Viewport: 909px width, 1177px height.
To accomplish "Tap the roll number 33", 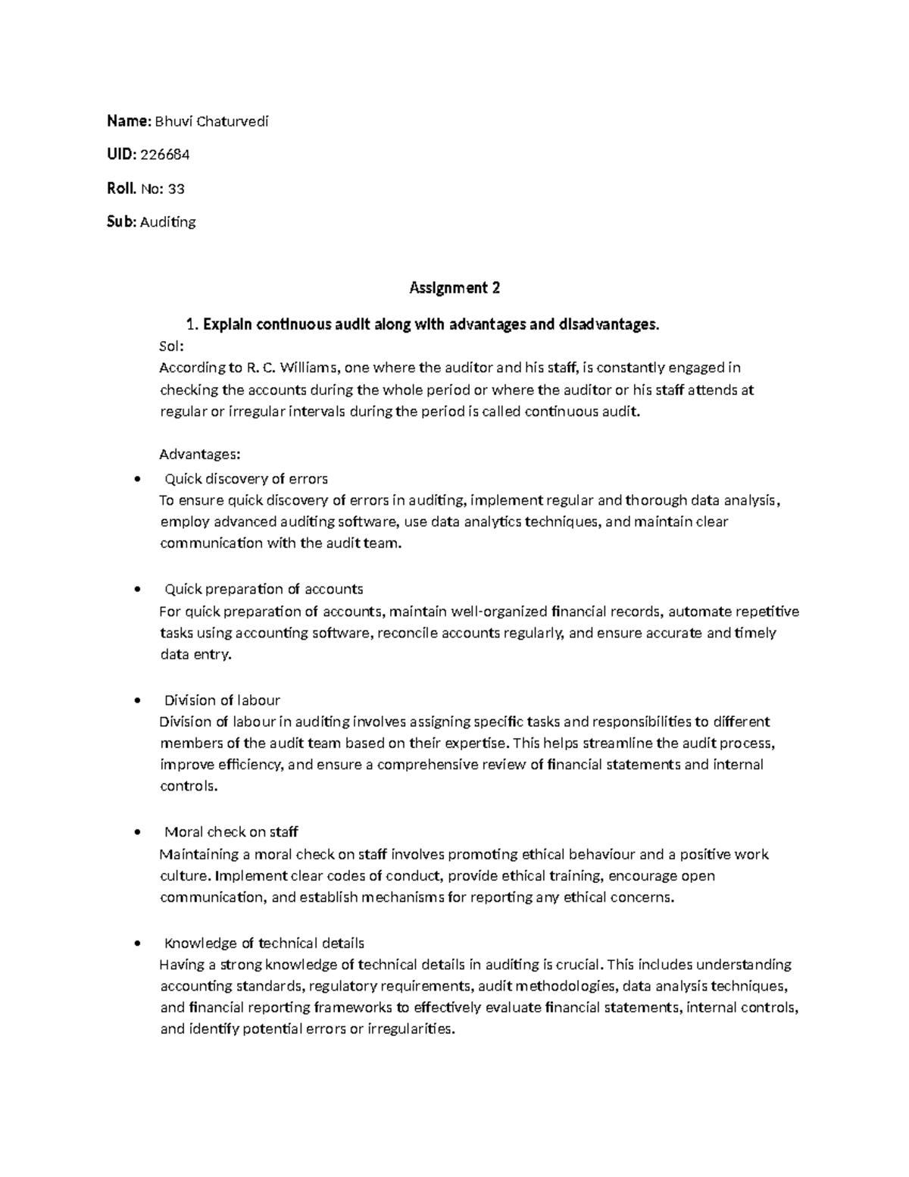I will click(x=176, y=188).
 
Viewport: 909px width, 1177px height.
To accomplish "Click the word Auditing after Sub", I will click(x=168, y=222).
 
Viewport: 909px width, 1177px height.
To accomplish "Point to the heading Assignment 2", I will click(x=454, y=288).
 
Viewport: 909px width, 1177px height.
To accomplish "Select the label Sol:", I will click(x=171, y=346).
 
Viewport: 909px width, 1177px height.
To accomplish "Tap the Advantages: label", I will click(x=200, y=455).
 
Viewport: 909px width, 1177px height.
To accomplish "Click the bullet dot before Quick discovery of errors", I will click(x=136, y=479).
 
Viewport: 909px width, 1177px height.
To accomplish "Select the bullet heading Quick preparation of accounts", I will click(x=264, y=589).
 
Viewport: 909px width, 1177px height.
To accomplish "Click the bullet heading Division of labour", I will click(x=222, y=700).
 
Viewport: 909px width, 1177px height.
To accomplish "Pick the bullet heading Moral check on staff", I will click(x=231, y=832).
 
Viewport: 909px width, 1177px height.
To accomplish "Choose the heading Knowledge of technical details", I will click(x=264, y=944).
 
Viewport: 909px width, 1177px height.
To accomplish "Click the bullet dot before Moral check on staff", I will click(x=136, y=832).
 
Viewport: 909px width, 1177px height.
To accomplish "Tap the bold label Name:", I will click(x=130, y=121).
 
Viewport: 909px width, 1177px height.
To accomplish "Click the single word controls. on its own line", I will click(x=189, y=786).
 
